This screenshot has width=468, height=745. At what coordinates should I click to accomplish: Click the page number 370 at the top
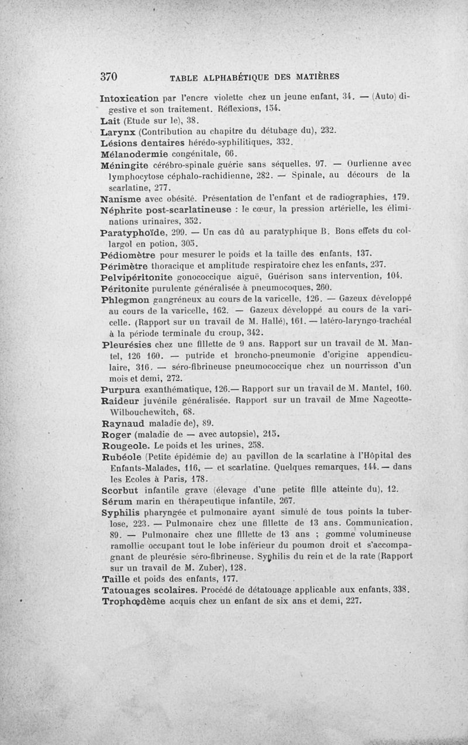109,76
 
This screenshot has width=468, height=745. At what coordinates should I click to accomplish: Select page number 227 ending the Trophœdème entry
353,600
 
